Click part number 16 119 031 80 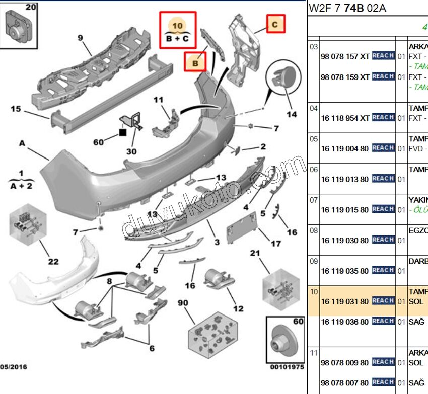click(x=345, y=301)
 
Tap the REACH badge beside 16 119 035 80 click(x=383, y=270)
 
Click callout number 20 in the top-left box click(x=31, y=7)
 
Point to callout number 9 click(x=80, y=37)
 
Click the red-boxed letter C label click(x=275, y=24)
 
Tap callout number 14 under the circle click(x=292, y=115)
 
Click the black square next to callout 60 click(x=122, y=133)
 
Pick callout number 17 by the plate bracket click(x=275, y=244)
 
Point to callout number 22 click(x=53, y=261)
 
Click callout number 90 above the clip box click(x=182, y=303)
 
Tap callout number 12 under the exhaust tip click(x=238, y=308)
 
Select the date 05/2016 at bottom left click(x=14, y=367)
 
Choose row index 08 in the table click(x=314, y=230)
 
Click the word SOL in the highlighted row click(x=416, y=301)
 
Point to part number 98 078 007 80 click(x=345, y=382)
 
